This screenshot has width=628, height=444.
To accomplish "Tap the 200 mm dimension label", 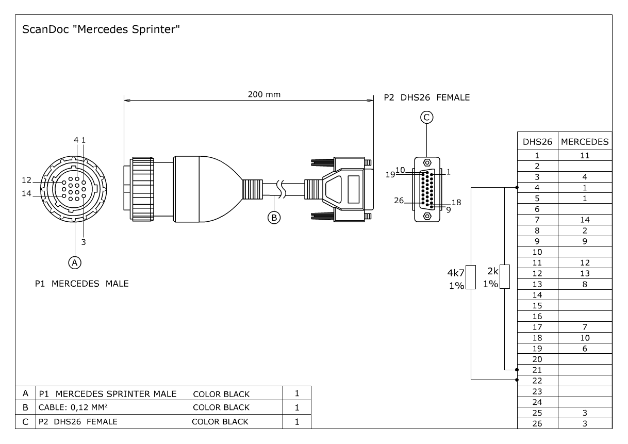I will coord(264,94).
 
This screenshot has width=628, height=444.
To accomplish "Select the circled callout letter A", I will coord(75,262).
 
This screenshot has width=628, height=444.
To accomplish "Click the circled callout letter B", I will coord(274,218).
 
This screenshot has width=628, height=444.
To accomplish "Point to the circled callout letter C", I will coord(427,118).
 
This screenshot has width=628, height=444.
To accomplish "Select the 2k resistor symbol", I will coord(505,277).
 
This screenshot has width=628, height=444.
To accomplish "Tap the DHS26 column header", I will coord(537,141).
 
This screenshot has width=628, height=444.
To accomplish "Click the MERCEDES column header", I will coord(585,141).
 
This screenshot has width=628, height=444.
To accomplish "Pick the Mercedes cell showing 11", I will coord(585,155).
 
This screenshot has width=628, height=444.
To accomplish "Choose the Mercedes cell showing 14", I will coord(585,220).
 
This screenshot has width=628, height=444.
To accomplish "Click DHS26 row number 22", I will coord(537,381).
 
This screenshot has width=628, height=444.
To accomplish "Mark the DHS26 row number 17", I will coord(537,327).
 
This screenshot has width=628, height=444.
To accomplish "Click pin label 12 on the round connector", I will coord(27,180).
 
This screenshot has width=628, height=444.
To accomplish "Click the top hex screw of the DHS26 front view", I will coord(427,162).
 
